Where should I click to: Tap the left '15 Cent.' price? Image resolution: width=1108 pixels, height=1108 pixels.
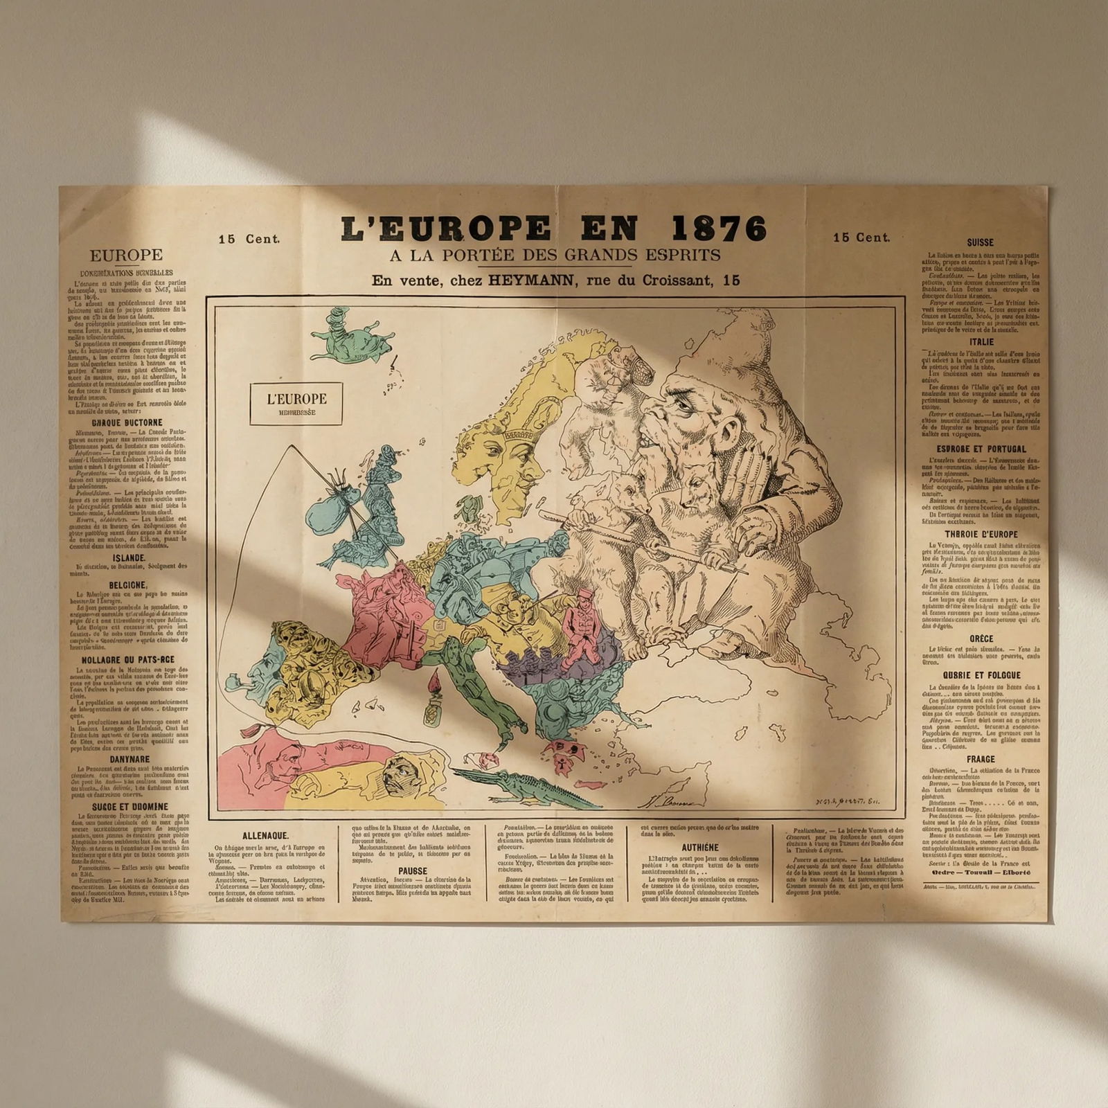pos(249,239)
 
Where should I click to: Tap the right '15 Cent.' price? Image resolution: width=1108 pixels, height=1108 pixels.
pos(861,238)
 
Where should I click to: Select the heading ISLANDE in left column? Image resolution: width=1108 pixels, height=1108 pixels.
pos(129,557)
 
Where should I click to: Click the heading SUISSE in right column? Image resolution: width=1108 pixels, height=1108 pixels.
pos(981,243)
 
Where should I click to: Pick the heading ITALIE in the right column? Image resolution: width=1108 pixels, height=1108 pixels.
pos(981,342)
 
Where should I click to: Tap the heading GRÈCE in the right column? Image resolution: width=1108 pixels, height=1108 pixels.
pos(981,638)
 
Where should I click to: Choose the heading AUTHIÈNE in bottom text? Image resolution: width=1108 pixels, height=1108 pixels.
pos(699,847)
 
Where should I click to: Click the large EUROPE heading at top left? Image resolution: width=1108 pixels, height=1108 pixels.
pos(127,256)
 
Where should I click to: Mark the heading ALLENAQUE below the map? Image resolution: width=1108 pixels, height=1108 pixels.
pos(265,836)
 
